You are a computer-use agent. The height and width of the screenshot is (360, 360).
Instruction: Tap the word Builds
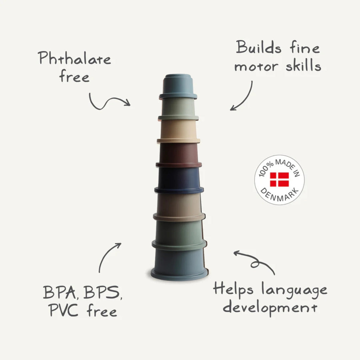[259, 48]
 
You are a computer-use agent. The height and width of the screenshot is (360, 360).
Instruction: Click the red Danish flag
[279, 179]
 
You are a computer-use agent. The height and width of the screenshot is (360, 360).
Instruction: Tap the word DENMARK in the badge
[279, 195]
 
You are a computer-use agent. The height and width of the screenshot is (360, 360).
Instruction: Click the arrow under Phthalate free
[109, 102]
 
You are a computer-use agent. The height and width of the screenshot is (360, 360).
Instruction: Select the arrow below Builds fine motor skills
[242, 97]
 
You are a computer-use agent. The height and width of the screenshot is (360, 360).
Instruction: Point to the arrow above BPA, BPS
[109, 257]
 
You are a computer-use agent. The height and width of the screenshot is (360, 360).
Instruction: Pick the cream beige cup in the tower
[179, 130]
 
